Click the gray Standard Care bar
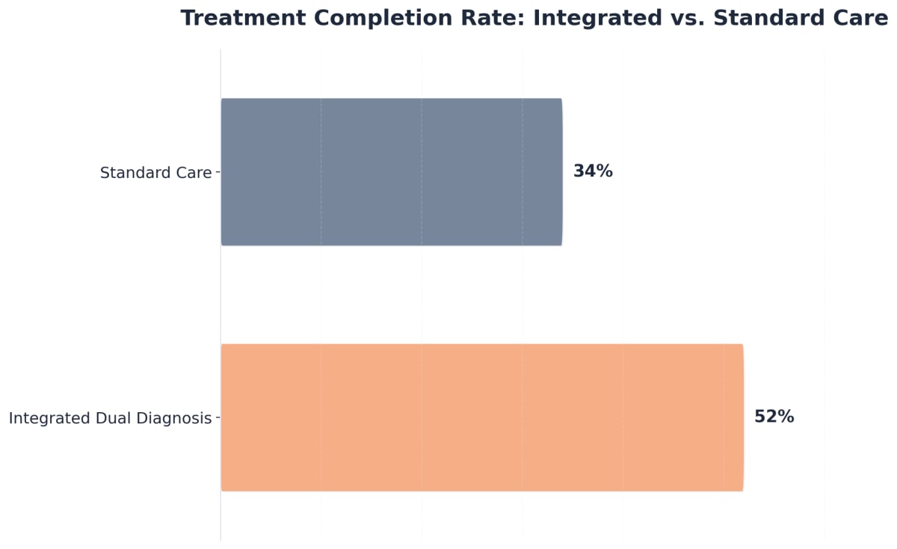pyautogui.click(x=391, y=172)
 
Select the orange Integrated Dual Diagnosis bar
pyautogui.click(x=482, y=417)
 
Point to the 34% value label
pyautogui.click(x=593, y=171)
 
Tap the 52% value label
pyautogui.click(x=774, y=417)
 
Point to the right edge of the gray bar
pyautogui.click(x=561, y=172)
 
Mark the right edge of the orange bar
pyautogui.click(x=743, y=417)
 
